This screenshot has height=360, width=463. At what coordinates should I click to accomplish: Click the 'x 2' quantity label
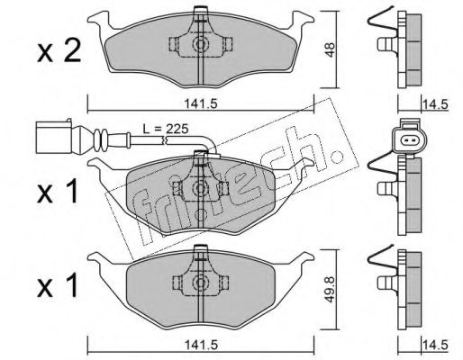pyautogui.click(x=59, y=51)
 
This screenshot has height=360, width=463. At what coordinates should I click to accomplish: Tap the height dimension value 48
pyautogui.click(x=330, y=49)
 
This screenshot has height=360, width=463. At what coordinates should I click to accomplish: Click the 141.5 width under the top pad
pyautogui.click(x=200, y=103)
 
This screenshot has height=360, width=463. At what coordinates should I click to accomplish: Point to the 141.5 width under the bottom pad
pyautogui.click(x=200, y=346)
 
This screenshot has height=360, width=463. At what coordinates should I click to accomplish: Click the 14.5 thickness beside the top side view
pyautogui.click(x=435, y=104)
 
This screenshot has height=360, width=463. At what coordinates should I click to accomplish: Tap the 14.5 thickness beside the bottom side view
pyautogui.click(x=435, y=345)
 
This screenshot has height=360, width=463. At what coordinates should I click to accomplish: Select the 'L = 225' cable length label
pyautogui.click(x=165, y=129)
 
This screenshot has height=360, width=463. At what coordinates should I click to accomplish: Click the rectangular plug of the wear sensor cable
pyautogui.click(x=54, y=138)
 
